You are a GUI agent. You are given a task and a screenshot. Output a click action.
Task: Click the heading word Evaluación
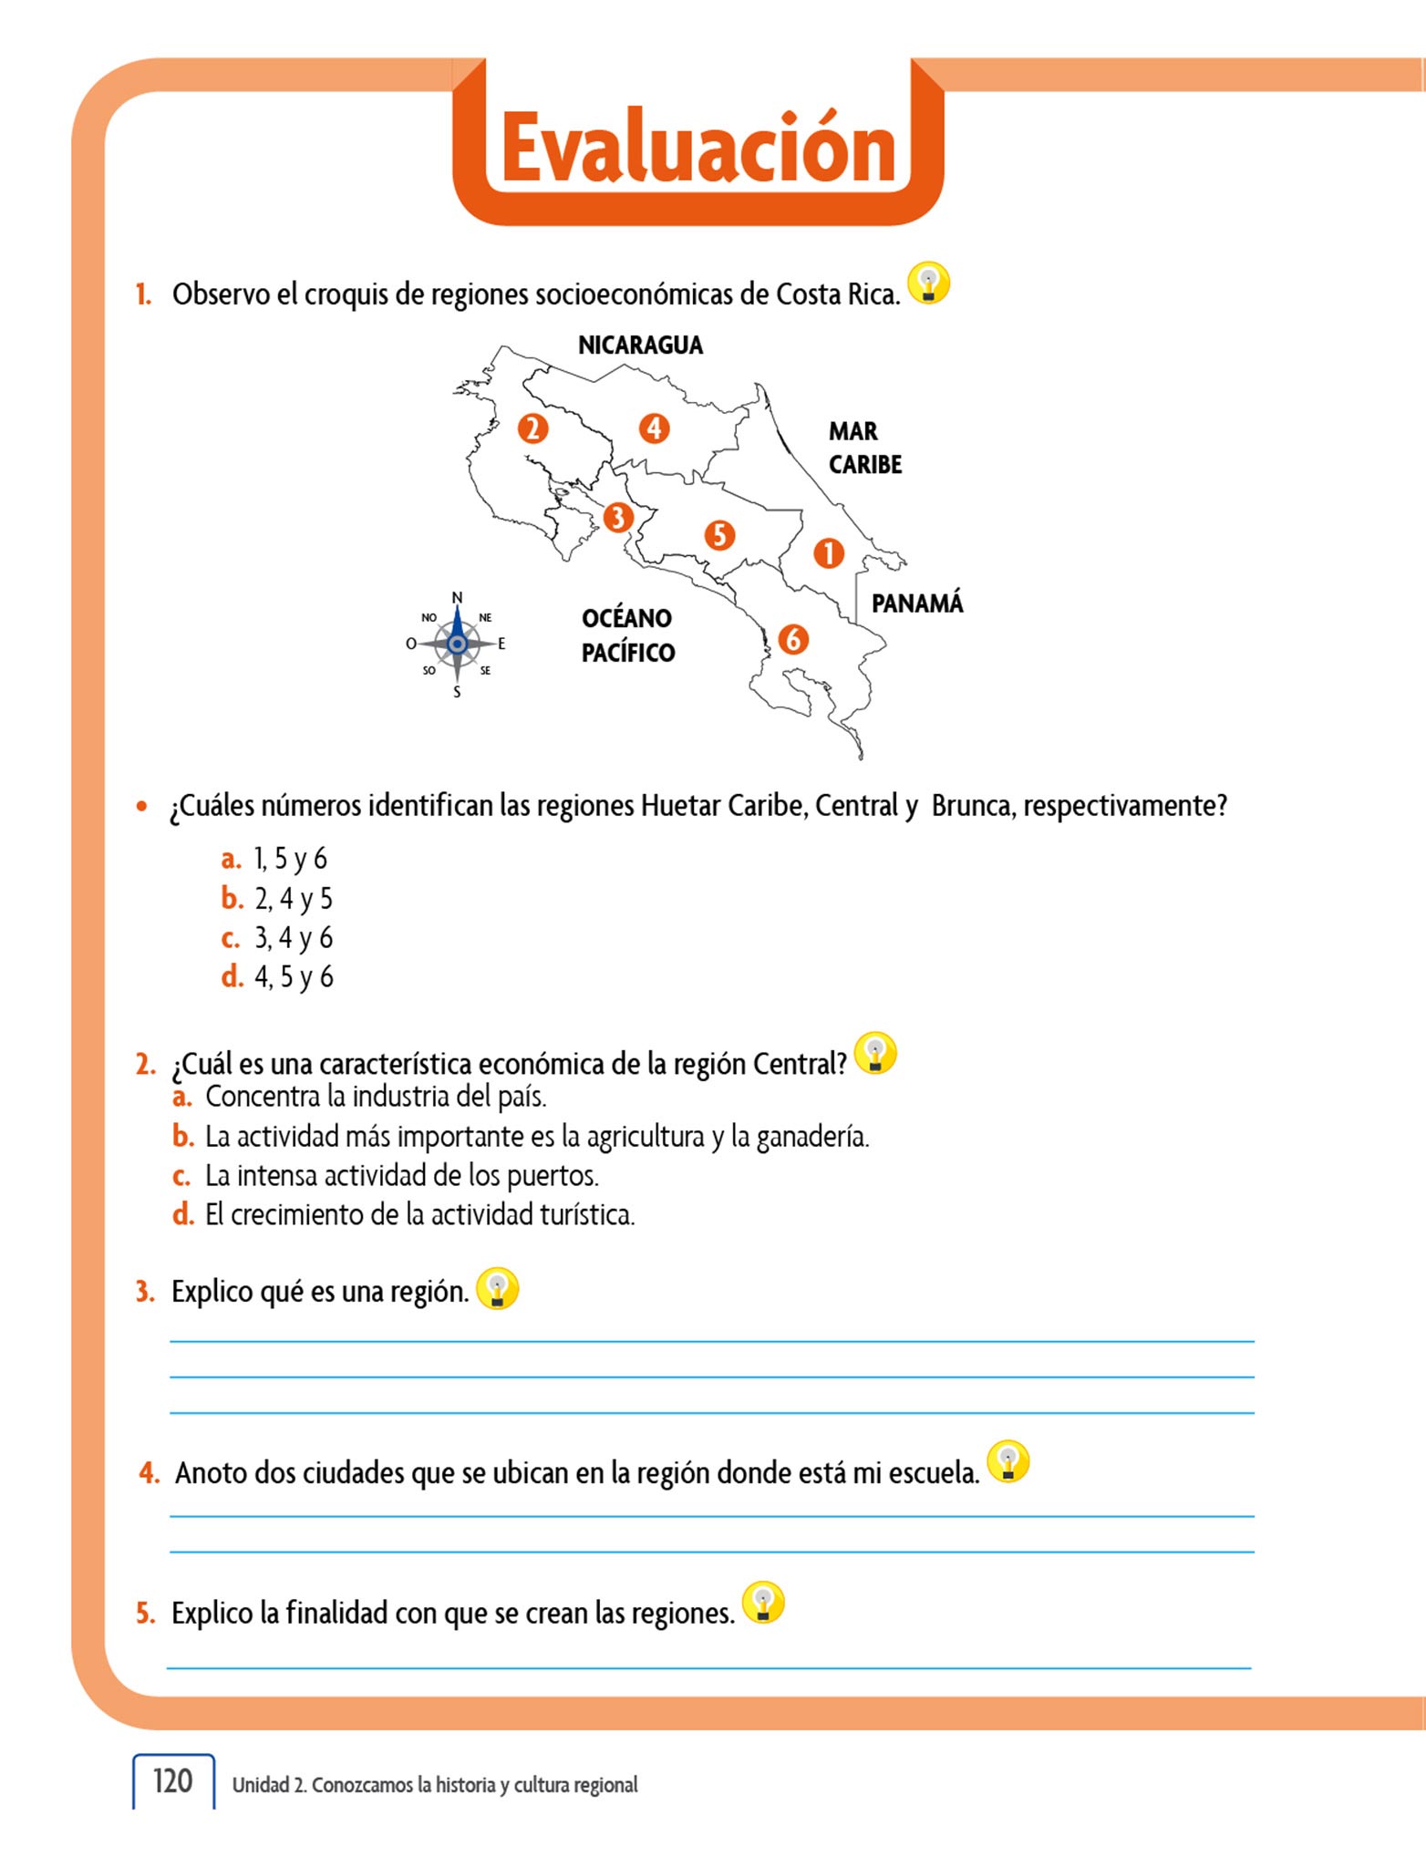pyautogui.click(x=698, y=149)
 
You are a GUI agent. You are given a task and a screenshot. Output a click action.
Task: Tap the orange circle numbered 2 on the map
pyautogui.click(x=532, y=428)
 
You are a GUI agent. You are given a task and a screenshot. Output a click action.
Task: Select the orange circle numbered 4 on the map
pyautogui.click(x=654, y=428)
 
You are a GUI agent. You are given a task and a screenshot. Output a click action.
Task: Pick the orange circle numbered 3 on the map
pyautogui.click(x=618, y=517)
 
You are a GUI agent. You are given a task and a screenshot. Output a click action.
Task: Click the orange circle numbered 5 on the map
pyautogui.click(x=719, y=534)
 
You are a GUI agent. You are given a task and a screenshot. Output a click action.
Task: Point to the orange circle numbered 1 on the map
pyautogui.click(x=828, y=552)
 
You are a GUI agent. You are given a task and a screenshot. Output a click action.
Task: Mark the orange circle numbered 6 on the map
pyautogui.click(x=792, y=639)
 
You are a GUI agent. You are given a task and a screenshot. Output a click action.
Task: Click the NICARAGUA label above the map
pyautogui.click(x=640, y=346)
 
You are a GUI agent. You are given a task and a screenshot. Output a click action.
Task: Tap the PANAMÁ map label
pyautogui.click(x=916, y=603)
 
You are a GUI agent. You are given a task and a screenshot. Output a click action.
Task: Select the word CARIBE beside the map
pyautogui.click(x=864, y=465)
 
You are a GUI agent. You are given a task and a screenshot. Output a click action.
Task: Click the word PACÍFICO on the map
pyautogui.click(x=628, y=653)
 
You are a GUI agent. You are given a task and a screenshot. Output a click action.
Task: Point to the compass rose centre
pyautogui.click(x=457, y=645)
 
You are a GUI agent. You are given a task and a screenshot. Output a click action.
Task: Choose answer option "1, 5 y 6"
pyautogui.click(x=290, y=859)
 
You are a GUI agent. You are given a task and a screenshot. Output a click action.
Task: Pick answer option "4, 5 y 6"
pyautogui.click(x=294, y=977)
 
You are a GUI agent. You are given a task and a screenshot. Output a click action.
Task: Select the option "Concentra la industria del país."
pyautogui.click(x=376, y=1097)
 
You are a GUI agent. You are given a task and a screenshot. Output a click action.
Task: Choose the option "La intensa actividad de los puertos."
pyautogui.click(x=401, y=1176)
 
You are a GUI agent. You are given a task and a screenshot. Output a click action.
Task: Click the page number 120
pyautogui.click(x=172, y=1780)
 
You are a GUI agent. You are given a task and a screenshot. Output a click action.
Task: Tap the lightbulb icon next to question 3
pyautogui.click(x=497, y=1289)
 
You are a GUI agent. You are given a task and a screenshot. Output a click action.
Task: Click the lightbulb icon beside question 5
pyautogui.click(x=763, y=1603)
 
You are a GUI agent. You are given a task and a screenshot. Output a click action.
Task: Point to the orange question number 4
pyautogui.click(x=150, y=1472)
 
